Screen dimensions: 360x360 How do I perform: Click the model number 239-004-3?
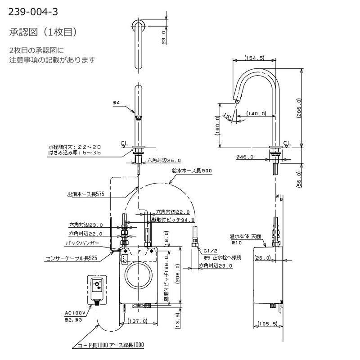point(33,12)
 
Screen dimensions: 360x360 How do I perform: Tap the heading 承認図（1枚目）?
point(43,32)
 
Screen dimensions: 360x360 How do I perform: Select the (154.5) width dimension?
point(254,58)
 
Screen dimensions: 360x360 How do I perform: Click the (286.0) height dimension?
point(299,108)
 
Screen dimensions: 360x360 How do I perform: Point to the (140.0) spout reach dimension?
point(256,113)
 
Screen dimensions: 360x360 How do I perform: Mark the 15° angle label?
point(228,116)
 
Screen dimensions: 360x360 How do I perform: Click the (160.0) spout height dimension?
point(217,126)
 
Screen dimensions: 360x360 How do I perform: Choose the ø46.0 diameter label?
point(245,157)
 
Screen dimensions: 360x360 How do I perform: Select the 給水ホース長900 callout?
point(192,171)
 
